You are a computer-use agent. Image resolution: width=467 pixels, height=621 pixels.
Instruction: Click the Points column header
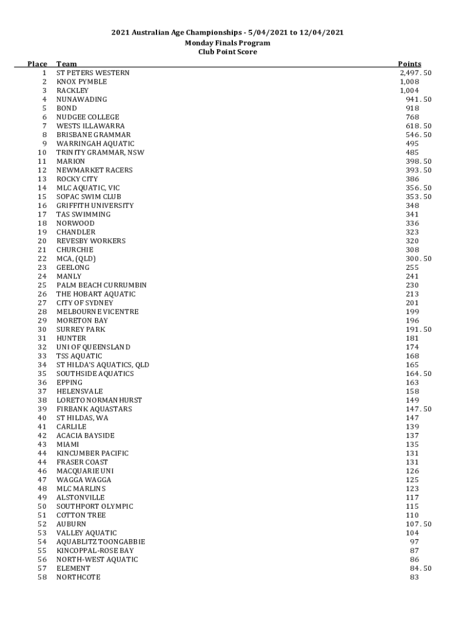[x=409, y=64]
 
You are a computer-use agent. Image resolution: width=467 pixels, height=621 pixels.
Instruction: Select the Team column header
[x=67, y=64]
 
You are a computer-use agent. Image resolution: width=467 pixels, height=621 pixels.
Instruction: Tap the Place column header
[x=38, y=64]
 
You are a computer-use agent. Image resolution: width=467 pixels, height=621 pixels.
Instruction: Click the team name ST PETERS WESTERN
[x=93, y=73]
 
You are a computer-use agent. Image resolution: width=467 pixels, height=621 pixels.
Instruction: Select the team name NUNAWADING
[x=82, y=99]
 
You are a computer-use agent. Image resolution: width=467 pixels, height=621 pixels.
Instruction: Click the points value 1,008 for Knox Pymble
[x=409, y=82]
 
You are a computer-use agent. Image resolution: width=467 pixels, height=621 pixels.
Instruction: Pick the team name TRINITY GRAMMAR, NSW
[x=100, y=152]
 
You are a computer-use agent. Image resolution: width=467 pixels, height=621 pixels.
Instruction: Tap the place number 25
[x=42, y=285]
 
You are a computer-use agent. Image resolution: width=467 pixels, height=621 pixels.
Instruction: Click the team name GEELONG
[x=73, y=267]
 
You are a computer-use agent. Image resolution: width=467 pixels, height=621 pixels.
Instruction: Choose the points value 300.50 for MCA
[x=418, y=258]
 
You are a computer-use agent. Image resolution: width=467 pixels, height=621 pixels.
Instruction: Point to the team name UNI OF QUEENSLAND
[x=93, y=347]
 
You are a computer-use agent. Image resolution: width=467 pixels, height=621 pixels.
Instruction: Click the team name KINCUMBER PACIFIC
[x=93, y=453]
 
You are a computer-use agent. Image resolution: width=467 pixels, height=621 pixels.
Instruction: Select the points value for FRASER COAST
[x=412, y=462]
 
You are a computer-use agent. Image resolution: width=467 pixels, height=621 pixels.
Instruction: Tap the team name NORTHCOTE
[x=78, y=577]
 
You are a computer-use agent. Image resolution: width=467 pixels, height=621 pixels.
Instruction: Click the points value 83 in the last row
[x=414, y=577]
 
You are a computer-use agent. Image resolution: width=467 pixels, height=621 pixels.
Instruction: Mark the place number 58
[x=42, y=577]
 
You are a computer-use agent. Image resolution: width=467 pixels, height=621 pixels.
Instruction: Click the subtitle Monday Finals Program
[x=227, y=43]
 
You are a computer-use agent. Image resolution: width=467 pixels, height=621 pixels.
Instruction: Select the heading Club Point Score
[x=227, y=52]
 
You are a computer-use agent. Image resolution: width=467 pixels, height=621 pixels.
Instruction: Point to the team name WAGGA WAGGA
[x=84, y=480]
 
